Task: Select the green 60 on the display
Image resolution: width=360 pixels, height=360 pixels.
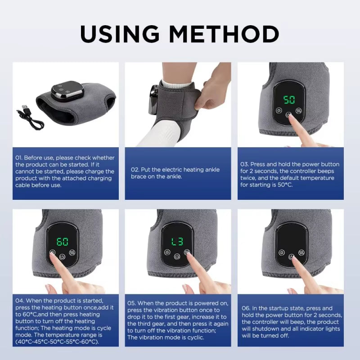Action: [63, 242]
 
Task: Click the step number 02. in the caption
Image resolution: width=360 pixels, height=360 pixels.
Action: [135, 170]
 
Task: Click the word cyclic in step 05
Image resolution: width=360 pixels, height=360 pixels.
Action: [214, 337]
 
